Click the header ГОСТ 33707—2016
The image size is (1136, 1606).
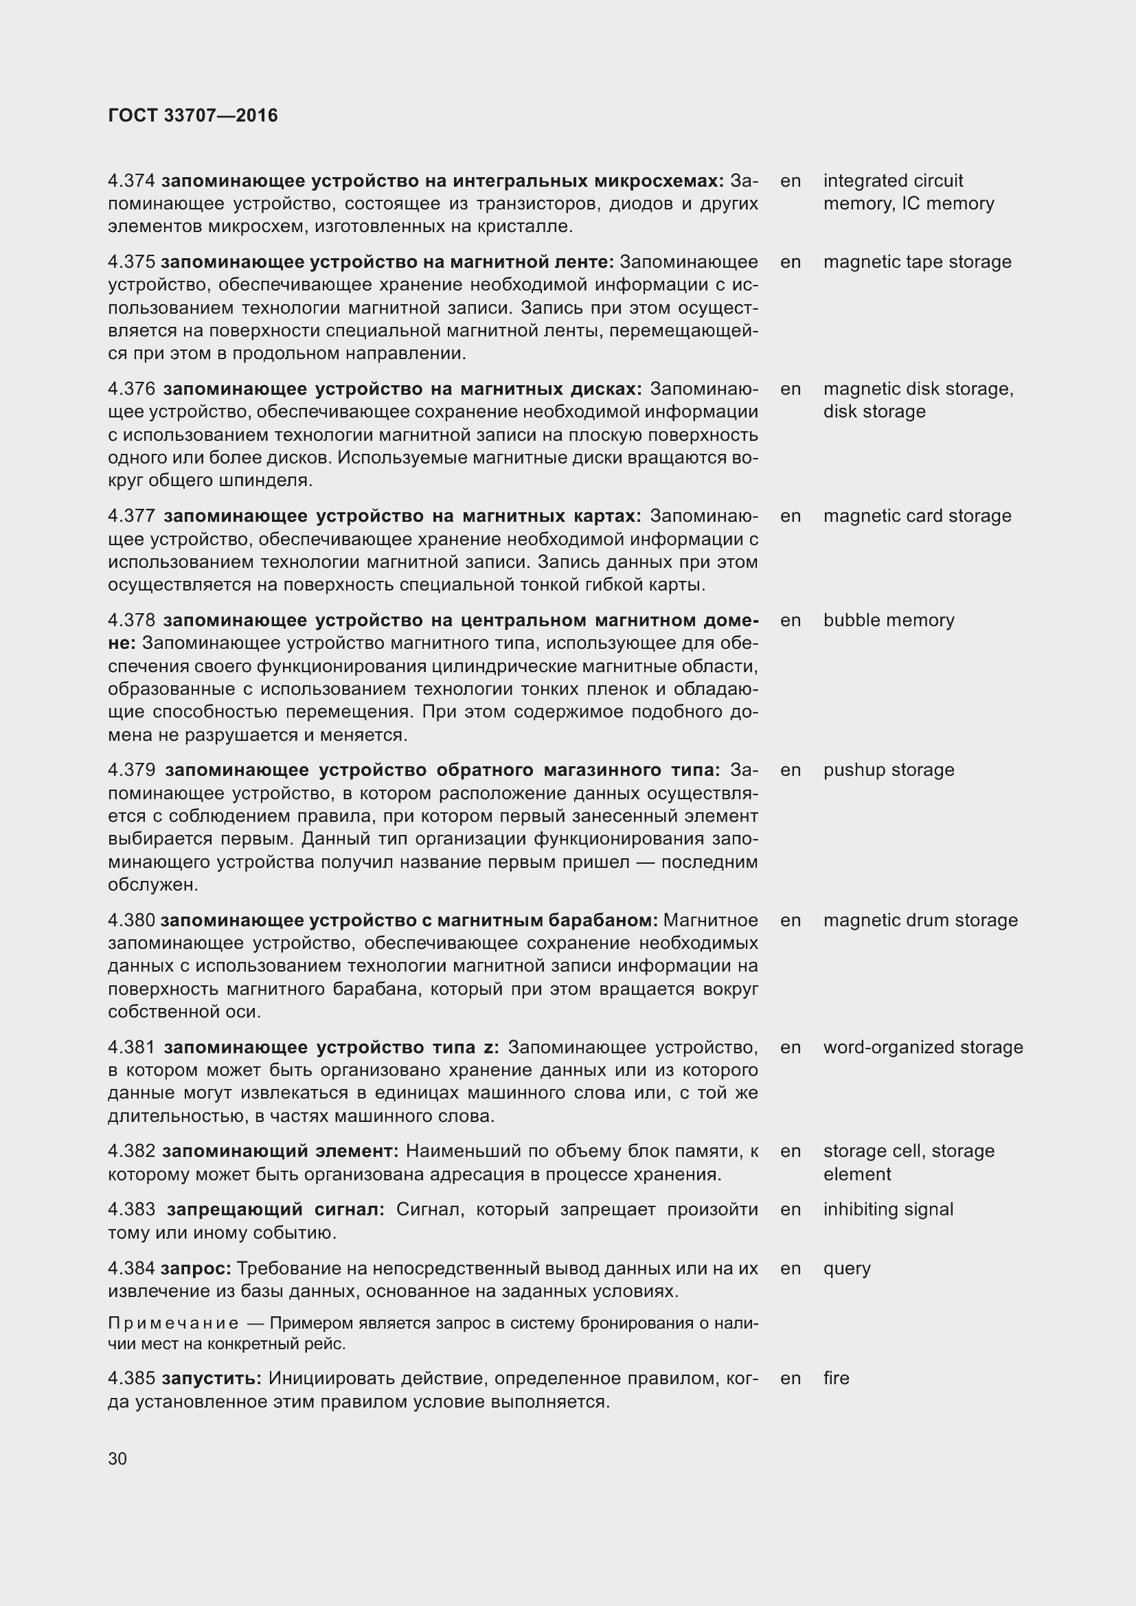tap(193, 115)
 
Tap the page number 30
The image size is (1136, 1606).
tap(117, 1458)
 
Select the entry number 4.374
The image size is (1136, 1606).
tap(131, 181)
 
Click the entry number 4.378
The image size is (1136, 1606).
tap(131, 621)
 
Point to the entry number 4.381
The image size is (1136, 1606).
tap(131, 1047)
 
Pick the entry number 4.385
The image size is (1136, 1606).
tap(131, 1378)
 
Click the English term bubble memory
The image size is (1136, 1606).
tap(888, 621)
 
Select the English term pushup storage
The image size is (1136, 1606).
tap(888, 770)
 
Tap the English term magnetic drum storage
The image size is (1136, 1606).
tap(920, 921)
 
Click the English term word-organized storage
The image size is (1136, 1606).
tap(922, 1047)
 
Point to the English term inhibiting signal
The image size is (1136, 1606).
tap(887, 1209)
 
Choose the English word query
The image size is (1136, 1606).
tap(846, 1269)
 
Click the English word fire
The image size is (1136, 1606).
tap(836, 1378)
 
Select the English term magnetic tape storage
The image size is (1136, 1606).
tap(917, 262)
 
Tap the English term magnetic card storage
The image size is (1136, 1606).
tap(917, 516)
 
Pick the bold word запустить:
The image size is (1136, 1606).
tap(212, 1378)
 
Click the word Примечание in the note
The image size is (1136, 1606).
tap(174, 1323)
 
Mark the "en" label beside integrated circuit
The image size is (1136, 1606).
tap(790, 181)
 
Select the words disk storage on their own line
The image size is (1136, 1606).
tap(874, 411)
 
